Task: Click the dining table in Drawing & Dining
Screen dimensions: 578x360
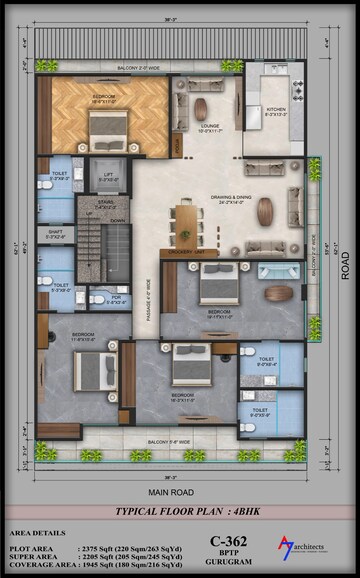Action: pyautogui.click(x=185, y=222)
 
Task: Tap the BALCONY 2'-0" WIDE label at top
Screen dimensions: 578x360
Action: pyautogui.click(x=140, y=69)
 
